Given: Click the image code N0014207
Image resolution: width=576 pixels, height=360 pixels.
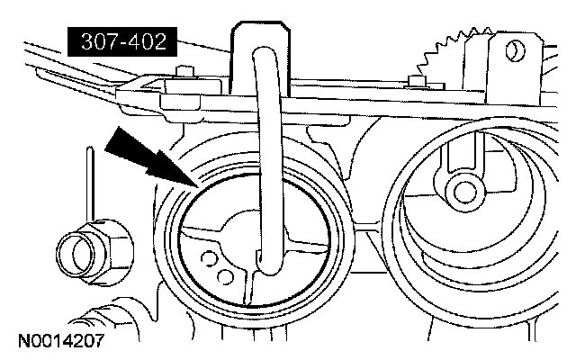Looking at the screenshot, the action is [x=60, y=343].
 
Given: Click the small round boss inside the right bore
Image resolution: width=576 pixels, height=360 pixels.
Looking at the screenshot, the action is [x=466, y=191].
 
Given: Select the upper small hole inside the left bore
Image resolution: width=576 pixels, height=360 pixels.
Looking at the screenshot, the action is [x=210, y=260].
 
